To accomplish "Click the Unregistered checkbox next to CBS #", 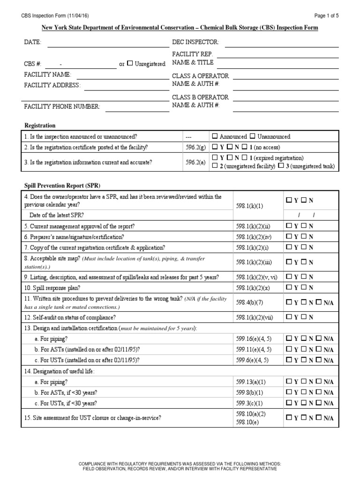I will [x=130, y=64].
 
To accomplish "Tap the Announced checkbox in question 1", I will [x=215, y=136].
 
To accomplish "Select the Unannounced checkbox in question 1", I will [x=253, y=136].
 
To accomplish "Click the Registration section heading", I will [x=40, y=126].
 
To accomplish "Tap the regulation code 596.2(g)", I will [x=195, y=147].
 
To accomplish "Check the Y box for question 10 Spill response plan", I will [x=289, y=287].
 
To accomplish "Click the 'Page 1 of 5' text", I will [x=326, y=15].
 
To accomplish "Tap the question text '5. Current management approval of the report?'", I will [x=79, y=226].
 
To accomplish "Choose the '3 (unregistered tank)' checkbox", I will [x=281, y=166].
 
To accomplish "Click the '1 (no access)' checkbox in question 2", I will [x=245, y=147].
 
